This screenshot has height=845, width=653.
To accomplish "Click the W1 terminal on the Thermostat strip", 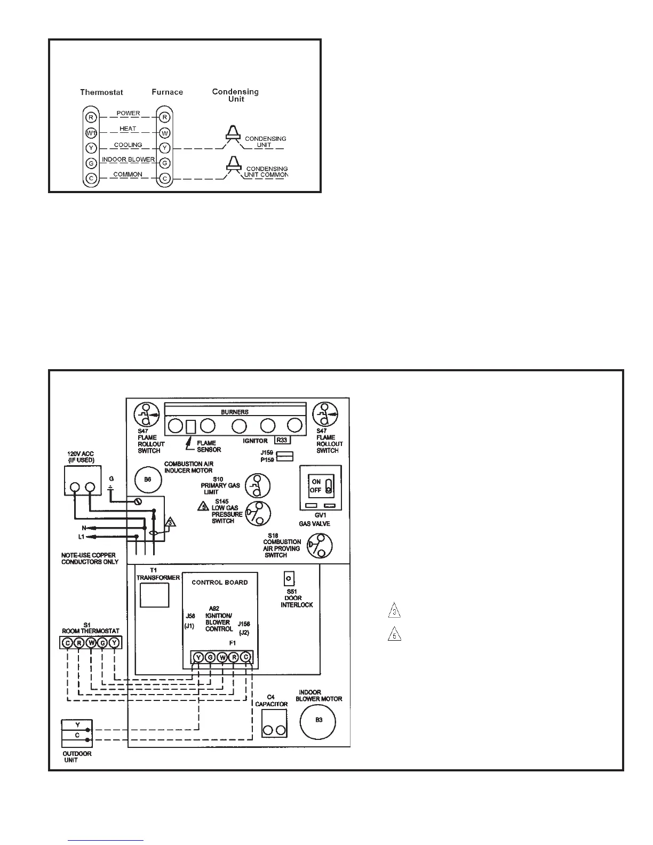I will click(x=91, y=132).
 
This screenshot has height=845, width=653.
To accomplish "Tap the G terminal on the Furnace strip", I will click(x=165, y=163).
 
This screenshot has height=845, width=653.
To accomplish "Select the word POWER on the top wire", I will click(x=128, y=113).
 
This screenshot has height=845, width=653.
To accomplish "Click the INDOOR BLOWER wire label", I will click(x=128, y=160).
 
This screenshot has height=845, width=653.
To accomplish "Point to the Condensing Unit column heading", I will click(x=235, y=95).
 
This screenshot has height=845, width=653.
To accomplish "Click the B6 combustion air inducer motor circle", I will click(x=148, y=480).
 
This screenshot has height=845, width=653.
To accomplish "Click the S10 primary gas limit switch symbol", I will click(x=257, y=486).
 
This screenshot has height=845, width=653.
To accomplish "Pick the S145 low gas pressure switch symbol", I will click(x=257, y=514).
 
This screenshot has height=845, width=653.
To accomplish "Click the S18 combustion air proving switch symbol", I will click(x=320, y=546).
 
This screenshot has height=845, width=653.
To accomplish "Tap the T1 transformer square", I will click(x=154, y=595).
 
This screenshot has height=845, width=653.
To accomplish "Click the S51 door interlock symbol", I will click(x=289, y=578).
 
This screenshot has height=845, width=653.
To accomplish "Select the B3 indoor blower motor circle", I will click(x=318, y=720).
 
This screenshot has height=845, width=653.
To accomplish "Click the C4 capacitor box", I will click(x=274, y=723).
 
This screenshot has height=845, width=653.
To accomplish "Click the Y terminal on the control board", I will click(x=198, y=657).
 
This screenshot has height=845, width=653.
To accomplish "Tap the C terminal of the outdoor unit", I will click(x=77, y=736).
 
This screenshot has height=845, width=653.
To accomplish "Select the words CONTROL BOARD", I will click(x=220, y=583).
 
